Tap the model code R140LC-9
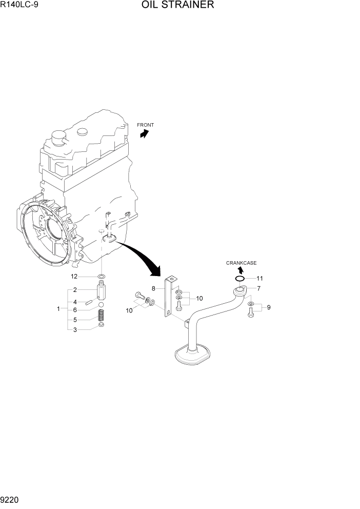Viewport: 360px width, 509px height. (20, 6)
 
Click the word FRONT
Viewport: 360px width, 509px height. (145, 125)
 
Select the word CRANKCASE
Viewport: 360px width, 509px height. (242, 263)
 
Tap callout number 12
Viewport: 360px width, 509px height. (74, 277)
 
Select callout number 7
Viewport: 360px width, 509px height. (259, 288)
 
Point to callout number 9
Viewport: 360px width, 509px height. (269, 308)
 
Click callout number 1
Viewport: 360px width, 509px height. (59, 309)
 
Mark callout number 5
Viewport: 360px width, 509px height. (74, 320)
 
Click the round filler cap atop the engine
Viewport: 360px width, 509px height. (58, 136)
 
